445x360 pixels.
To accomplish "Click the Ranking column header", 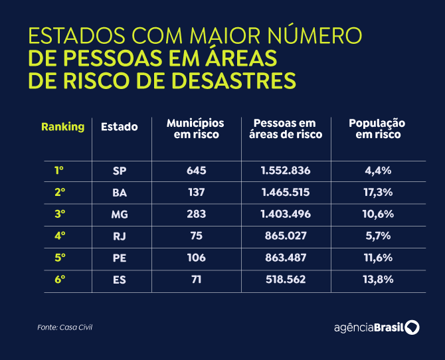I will (x=62, y=127).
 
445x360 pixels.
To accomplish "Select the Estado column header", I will (x=120, y=127).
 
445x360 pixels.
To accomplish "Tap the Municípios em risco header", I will (x=195, y=129).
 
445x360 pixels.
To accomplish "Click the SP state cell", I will (x=120, y=171).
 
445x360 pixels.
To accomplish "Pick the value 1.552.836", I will (x=286, y=171).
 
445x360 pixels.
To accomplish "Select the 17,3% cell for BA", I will (x=379, y=192).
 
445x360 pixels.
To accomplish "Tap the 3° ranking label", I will (x=60, y=214).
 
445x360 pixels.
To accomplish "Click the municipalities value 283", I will (x=197, y=214).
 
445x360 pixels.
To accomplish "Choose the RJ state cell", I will (x=120, y=236).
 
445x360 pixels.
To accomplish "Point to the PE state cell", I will (x=120, y=258).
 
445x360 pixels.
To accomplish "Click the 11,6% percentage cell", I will (x=379, y=258).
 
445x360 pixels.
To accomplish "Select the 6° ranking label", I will (x=60, y=280).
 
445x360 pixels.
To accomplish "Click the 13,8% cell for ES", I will (x=379, y=280).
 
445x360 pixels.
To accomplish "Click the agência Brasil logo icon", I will (x=412, y=327).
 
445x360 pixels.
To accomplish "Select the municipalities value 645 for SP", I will (x=197, y=171).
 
